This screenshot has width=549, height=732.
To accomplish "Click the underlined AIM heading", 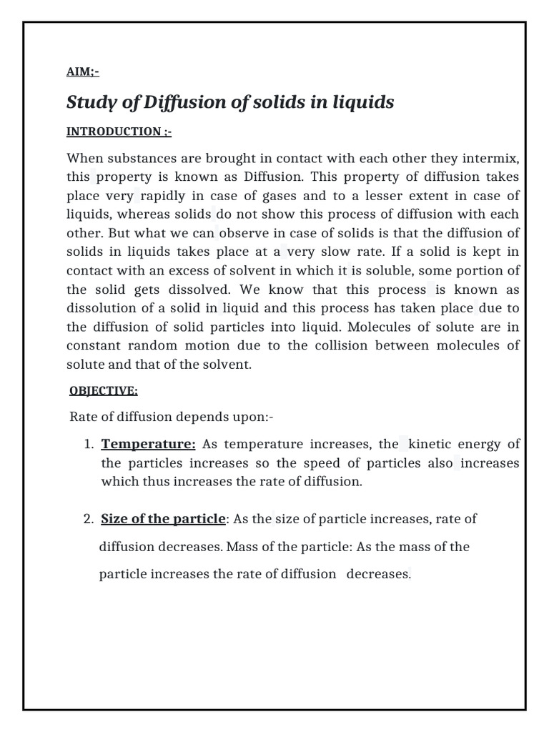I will click(x=82, y=71).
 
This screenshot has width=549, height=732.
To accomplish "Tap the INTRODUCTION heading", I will click(x=119, y=132).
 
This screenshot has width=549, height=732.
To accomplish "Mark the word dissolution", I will click(x=99, y=308).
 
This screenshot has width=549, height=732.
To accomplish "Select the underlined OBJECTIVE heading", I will click(x=104, y=391).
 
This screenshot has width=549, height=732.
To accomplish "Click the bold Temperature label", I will click(x=148, y=444).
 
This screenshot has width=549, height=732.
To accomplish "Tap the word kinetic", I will click(x=436, y=444).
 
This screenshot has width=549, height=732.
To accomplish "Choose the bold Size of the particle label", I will click(x=163, y=519).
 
